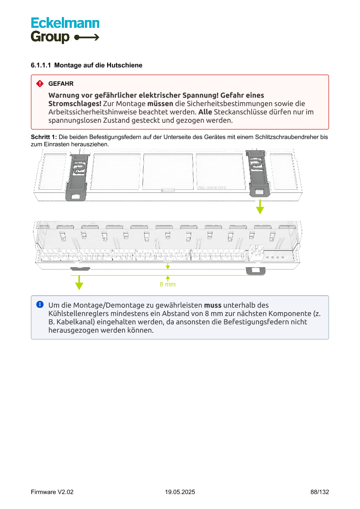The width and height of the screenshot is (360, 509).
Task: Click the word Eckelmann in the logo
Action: (65, 23)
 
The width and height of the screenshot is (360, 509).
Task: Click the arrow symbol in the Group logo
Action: (87, 37)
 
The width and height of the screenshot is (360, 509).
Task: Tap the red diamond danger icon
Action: (40, 83)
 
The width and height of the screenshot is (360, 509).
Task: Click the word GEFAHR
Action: (61, 84)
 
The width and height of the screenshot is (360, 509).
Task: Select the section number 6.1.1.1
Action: (41, 65)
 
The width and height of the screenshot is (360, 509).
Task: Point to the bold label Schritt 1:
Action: (44, 137)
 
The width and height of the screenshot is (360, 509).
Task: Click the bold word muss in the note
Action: (212, 305)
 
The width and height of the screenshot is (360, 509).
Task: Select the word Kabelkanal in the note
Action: (74, 322)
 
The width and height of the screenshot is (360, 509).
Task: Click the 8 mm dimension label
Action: (168, 284)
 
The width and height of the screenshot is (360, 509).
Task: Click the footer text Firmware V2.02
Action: (52, 492)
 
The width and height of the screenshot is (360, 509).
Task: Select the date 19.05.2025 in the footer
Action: (180, 492)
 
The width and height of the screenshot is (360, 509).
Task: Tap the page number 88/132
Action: (320, 492)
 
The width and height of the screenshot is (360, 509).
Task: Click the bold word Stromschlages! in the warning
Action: (75, 104)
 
